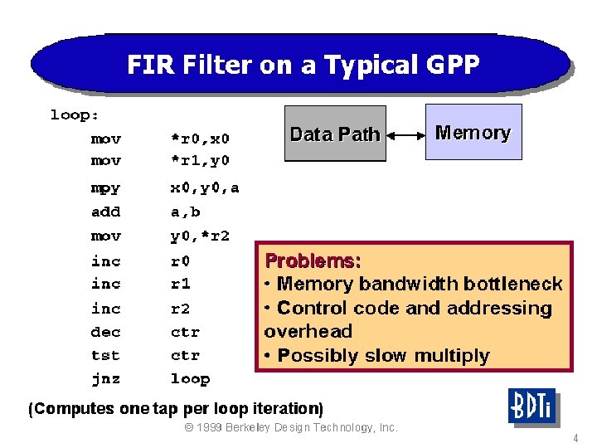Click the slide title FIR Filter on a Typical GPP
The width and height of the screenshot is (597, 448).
pos(303,66)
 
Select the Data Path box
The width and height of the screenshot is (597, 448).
pos(335,134)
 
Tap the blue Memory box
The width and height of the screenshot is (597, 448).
pos(473,132)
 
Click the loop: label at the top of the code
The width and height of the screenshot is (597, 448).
pos(75,115)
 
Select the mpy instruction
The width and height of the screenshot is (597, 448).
pos(105,188)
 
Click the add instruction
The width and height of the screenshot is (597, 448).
pos(105,212)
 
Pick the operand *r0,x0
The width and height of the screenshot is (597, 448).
pos(200,139)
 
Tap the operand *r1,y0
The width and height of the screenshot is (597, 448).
pos(200,160)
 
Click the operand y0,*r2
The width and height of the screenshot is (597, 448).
pos(200,236)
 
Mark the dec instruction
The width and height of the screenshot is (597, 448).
pos(105,332)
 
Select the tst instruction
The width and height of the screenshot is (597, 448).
pos(105,355)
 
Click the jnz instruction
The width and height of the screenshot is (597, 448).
pos(105,379)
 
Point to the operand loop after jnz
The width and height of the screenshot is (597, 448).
pos(190,379)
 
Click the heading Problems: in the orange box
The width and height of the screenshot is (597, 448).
pos(313,261)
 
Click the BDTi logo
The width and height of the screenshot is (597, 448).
pos(531,407)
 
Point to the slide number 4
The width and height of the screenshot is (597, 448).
pos(575,437)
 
